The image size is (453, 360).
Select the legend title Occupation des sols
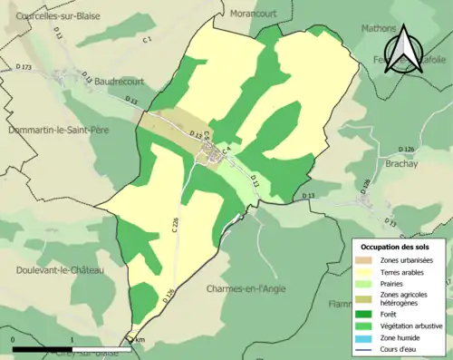click(398, 246)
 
